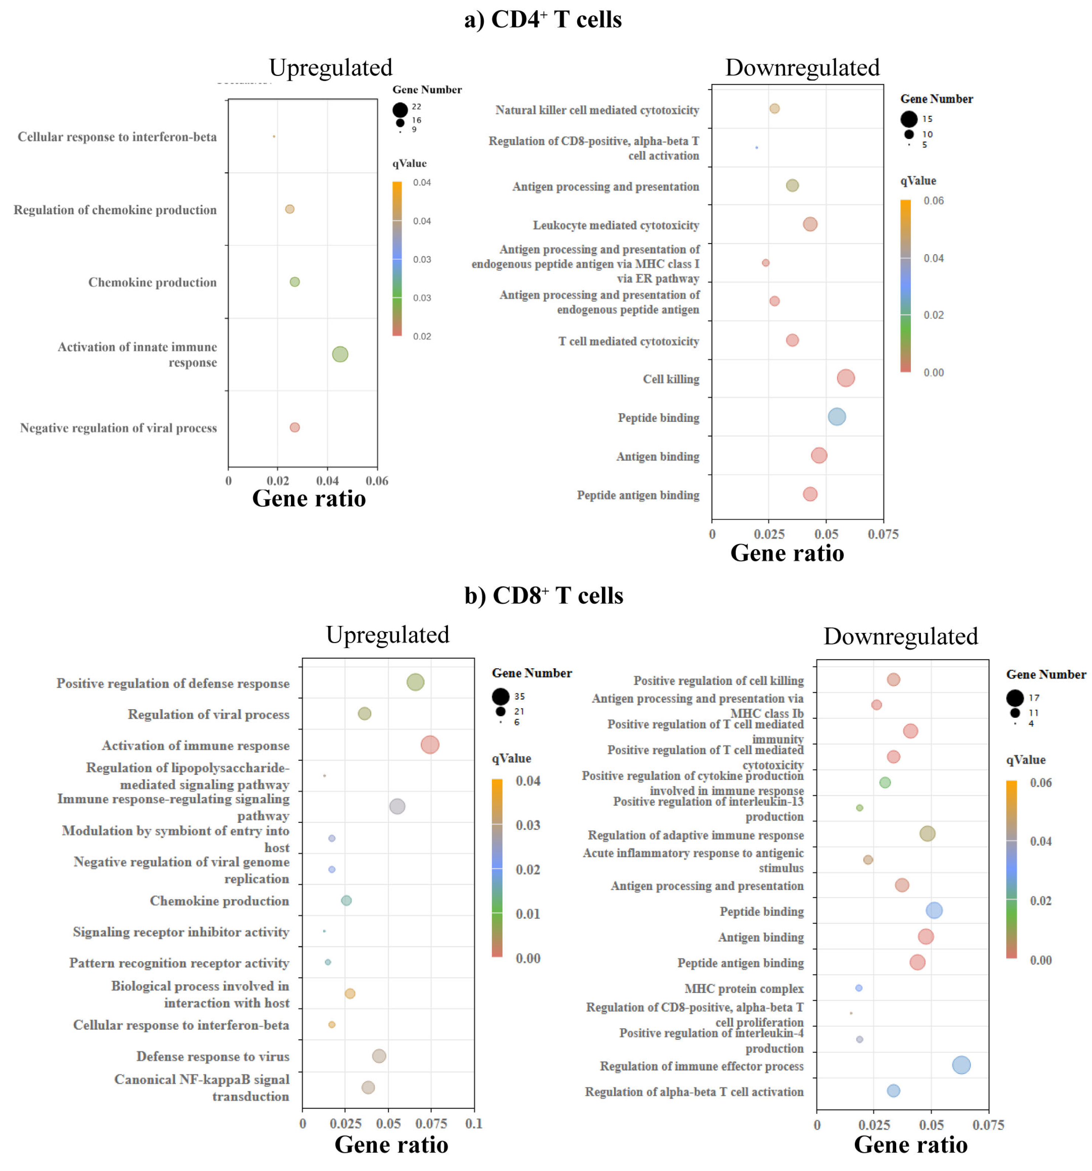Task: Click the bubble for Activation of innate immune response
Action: click(x=340, y=354)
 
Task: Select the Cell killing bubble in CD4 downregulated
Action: click(x=845, y=378)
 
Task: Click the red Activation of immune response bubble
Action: click(x=430, y=745)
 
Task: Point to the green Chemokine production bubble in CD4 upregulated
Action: click(x=295, y=281)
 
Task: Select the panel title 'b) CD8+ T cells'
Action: click(x=543, y=596)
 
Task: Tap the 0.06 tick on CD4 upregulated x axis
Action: click(x=377, y=481)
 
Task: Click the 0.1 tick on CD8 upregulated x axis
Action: click(x=474, y=1123)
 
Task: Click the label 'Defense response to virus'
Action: click(x=213, y=1056)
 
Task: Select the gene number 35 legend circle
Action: click(x=501, y=697)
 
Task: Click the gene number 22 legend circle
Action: click(x=400, y=110)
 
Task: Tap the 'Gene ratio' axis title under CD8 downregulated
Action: click(x=910, y=1144)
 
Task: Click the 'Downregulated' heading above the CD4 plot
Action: click(x=802, y=67)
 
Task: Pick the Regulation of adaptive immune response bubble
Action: click(x=927, y=834)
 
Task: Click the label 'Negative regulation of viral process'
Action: click(x=118, y=427)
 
